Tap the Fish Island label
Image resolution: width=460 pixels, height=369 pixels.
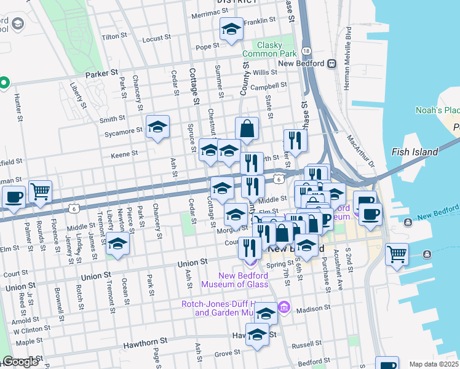(414, 152)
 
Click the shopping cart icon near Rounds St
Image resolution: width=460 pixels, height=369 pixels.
(40, 192)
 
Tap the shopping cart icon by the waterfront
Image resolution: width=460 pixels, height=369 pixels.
(397, 253)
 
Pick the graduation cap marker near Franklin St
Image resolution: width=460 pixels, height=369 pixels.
(231, 30)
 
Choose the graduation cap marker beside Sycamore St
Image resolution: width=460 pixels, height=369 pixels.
(158, 127)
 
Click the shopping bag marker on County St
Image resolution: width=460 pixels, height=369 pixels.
(247, 129)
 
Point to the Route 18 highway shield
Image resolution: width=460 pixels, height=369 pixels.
(306, 50)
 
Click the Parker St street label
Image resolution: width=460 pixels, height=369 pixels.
(101, 73)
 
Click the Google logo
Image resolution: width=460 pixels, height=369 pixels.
(20, 362)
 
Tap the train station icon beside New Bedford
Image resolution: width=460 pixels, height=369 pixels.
(331, 63)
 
